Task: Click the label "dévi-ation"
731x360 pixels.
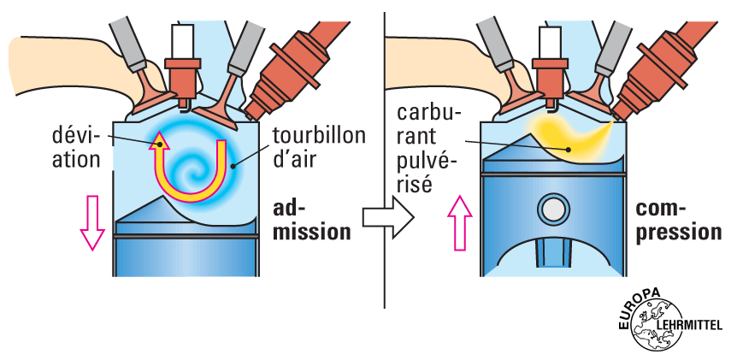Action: click(75, 146)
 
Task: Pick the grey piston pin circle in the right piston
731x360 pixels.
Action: click(553, 208)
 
